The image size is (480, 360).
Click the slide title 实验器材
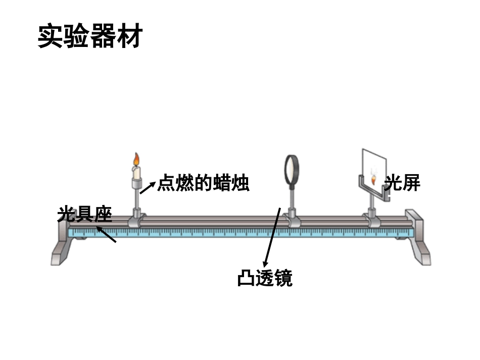pyautogui.click(x=90, y=37)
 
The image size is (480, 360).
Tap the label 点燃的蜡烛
pyautogui.click(x=203, y=183)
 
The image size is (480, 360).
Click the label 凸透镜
pyautogui.click(x=265, y=278)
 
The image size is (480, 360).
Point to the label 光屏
pyautogui.click(x=403, y=183)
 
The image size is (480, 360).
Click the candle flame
pyautogui.click(x=135, y=160)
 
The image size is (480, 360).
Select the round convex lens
pyautogui.click(x=292, y=169)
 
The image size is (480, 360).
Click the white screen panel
pyautogui.click(x=374, y=167)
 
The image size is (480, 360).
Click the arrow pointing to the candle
pyautogui.click(x=147, y=187)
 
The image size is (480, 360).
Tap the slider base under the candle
pyautogui.click(x=136, y=221)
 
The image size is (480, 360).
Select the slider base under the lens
pyautogui.click(x=292, y=221)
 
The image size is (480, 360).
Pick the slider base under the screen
pyautogui.click(x=373, y=221)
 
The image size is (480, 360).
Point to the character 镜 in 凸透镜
pyautogui.click(x=283, y=278)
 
